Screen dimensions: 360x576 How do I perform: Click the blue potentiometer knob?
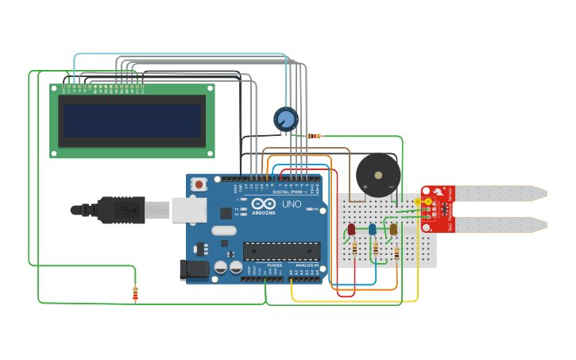(x=286, y=119)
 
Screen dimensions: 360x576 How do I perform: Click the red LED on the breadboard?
(x=351, y=230)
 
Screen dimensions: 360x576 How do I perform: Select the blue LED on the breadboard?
(x=372, y=230)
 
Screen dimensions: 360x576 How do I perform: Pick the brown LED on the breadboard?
(x=393, y=230)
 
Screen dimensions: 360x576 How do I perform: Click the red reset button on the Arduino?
(x=199, y=184)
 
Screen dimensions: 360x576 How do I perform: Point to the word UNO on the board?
(x=292, y=204)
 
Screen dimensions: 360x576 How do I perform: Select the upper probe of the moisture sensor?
(x=501, y=193)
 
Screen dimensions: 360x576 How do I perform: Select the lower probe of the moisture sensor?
(x=501, y=225)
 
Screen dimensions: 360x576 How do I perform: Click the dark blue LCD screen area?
(x=132, y=120)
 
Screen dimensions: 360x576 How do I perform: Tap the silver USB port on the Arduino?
(x=189, y=210)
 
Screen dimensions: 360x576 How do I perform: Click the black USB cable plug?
(x=119, y=210)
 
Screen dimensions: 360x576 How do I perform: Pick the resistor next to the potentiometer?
(x=315, y=136)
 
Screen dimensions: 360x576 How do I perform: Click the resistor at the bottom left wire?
(x=135, y=294)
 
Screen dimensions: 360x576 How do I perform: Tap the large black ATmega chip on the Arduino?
(x=281, y=251)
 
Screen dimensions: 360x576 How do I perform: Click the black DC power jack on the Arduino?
(x=193, y=270)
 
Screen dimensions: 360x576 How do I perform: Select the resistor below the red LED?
(x=354, y=249)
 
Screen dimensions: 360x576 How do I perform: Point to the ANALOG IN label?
(x=307, y=265)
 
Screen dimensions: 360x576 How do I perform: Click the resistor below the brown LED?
(x=396, y=254)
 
